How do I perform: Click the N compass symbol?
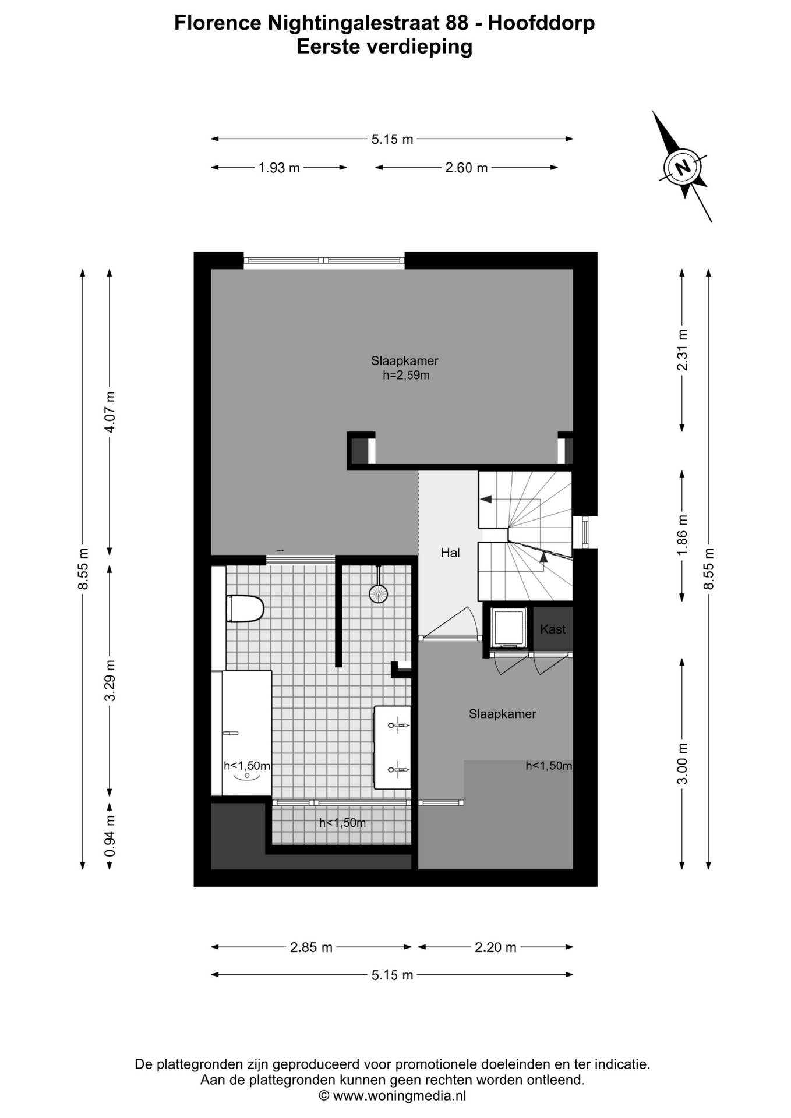(683, 167)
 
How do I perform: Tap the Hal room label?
(450, 553)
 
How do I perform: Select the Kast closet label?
(553, 629)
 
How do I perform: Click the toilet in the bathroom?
(245, 608)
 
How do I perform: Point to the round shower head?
(378, 593)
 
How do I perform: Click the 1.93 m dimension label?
(279, 168)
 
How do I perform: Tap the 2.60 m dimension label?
(467, 168)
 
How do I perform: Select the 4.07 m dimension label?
(110, 412)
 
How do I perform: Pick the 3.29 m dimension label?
(110, 680)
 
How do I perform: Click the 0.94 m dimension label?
(110, 836)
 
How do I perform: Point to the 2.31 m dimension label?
(682, 350)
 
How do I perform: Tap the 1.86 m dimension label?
(682, 535)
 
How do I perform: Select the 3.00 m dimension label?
(682, 763)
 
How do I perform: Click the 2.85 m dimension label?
(311, 947)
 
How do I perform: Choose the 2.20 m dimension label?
(496, 947)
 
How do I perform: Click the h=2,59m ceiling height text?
(406, 376)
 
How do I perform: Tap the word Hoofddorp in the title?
(541, 23)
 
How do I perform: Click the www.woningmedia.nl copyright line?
(393, 1096)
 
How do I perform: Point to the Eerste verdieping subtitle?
(384, 47)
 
